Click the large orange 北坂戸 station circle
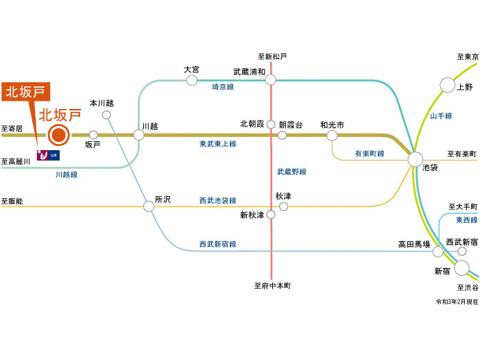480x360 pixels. click(x=58, y=135)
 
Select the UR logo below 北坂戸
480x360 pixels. click(x=48, y=155)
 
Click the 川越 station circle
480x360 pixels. click(x=139, y=135)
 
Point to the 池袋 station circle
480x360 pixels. click(x=416, y=159)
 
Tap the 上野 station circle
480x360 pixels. click(x=447, y=85)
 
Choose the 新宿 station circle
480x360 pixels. click(x=461, y=268)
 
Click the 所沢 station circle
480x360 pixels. click(x=149, y=206)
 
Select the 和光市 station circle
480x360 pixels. click(x=332, y=136)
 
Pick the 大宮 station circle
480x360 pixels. click(x=191, y=80)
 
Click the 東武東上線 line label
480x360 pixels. click(x=217, y=144)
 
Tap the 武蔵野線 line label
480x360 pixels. click(x=291, y=172)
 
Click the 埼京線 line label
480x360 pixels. click(x=223, y=88)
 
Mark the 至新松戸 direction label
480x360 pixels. click(x=272, y=56)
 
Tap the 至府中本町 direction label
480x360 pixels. click(x=272, y=285)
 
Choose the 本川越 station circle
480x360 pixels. click(x=106, y=115)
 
